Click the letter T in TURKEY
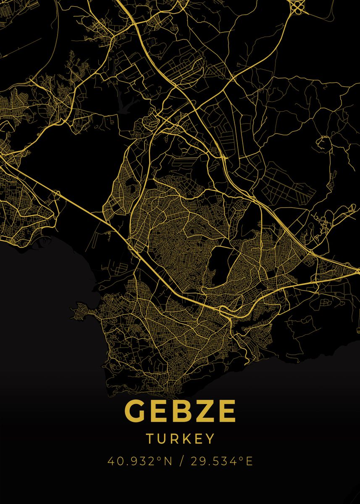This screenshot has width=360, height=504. tap(150, 438)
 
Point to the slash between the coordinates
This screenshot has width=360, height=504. tap(181, 461)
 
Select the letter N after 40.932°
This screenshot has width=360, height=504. tap(168, 461)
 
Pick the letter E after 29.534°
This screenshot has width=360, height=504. tap(249, 461)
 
